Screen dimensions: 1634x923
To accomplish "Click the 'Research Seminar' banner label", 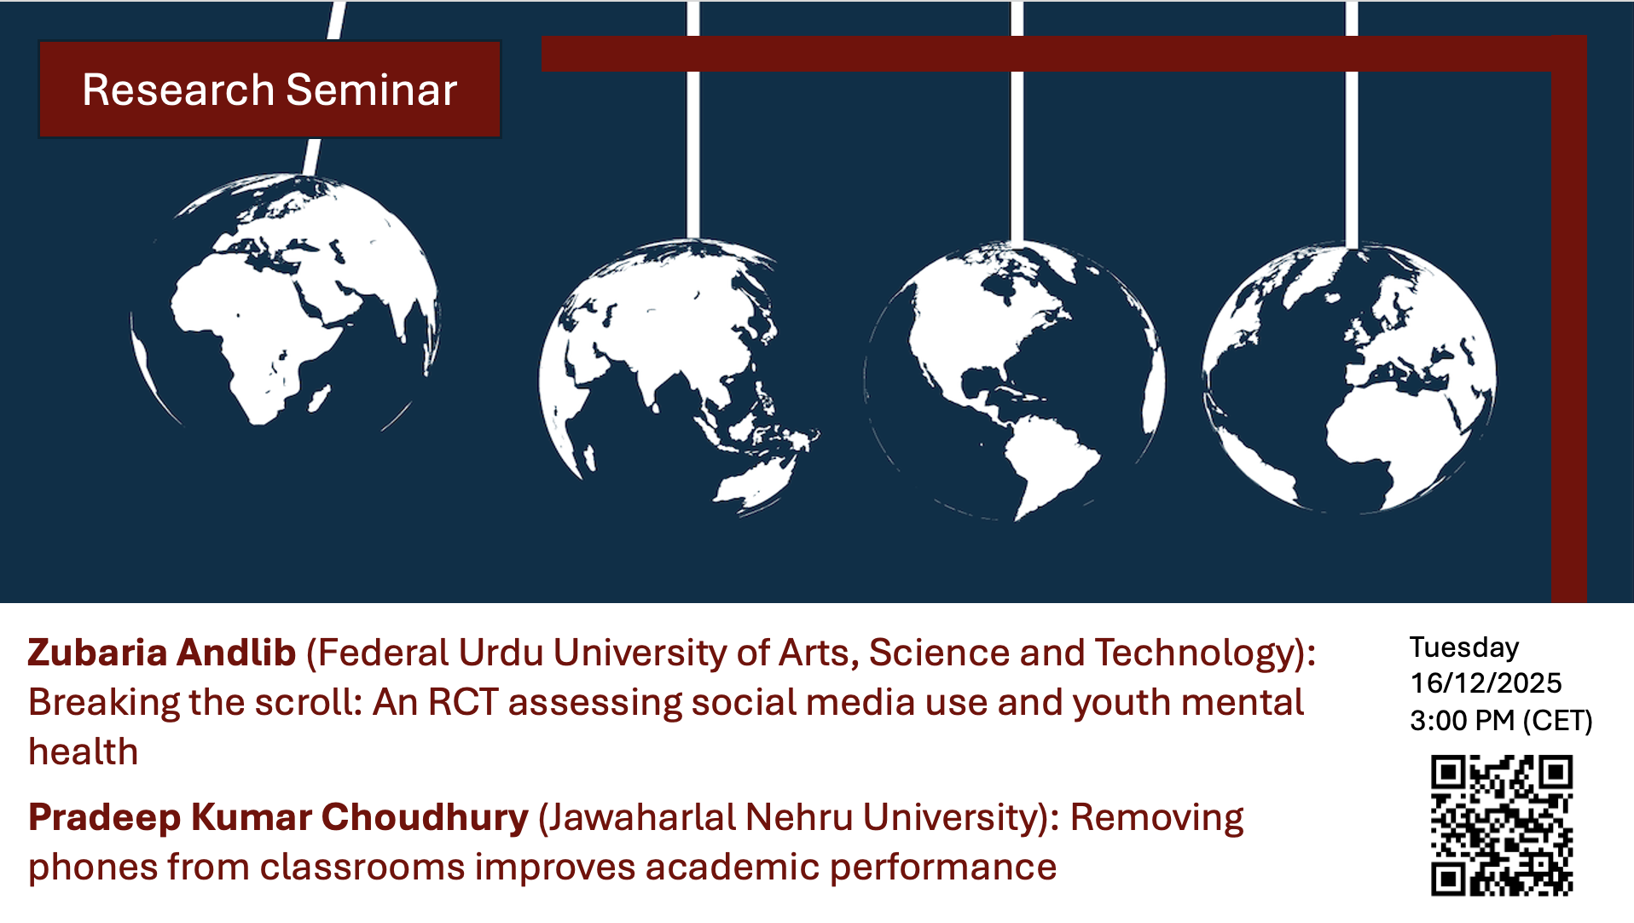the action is tap(269, 90).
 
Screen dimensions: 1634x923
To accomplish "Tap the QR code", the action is tap(1501, 825).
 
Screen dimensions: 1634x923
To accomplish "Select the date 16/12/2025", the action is tap(1486, 683).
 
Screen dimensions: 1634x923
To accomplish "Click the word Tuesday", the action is tap(1464, 647).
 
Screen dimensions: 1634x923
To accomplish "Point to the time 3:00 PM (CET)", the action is tap(1501, 721).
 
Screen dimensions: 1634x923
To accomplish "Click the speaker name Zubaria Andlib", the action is tap(162, 653).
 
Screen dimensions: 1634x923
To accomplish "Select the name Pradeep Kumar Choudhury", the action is tap(278, 817).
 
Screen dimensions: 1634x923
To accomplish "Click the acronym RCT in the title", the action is tap(463, 702).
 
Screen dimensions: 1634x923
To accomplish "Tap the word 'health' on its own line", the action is tap(83, 752).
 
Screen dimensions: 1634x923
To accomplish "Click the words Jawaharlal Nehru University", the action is tap(797, 817).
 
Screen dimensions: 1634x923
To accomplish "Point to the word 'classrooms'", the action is tap(362, 867).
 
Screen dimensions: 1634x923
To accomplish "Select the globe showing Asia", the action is tap(679, 377).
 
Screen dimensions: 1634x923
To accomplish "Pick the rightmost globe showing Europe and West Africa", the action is tap(1349, 378).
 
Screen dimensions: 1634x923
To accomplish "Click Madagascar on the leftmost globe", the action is tap(319, 398).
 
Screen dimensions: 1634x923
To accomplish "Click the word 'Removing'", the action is tap(1156, 817).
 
